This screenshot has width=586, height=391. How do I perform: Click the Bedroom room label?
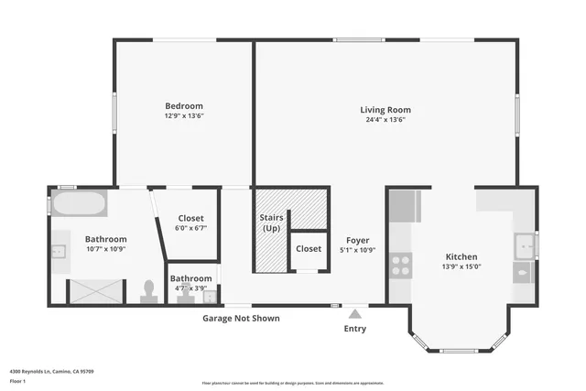(183, 105)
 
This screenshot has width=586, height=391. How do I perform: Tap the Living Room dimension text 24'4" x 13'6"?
(385, 119)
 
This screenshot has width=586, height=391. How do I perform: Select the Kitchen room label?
(461, 256)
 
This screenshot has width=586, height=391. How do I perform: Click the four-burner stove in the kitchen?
(401, 266)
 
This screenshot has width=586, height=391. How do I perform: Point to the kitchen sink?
(524, 245)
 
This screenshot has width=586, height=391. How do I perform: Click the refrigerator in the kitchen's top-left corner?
(404, 206)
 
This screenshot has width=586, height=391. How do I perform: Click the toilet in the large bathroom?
(148, 290)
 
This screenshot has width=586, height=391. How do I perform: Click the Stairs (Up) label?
(272, 223)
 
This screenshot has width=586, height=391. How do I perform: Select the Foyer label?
(357, 240)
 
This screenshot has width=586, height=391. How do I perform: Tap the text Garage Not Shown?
(241, 319)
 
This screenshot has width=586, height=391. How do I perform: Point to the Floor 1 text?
(17, 380)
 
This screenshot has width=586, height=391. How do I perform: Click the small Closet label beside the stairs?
(309, 248)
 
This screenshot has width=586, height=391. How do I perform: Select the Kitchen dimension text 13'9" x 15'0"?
(461, 267)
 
